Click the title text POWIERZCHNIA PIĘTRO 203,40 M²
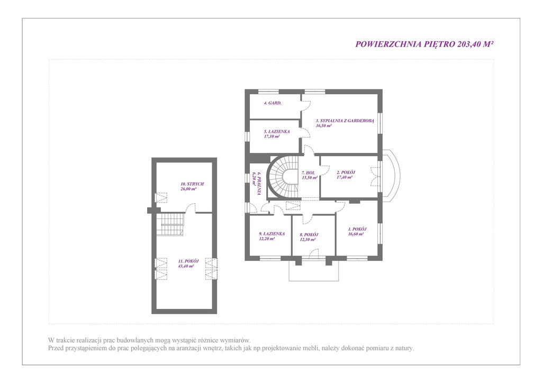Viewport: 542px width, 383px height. [x=424, y=44]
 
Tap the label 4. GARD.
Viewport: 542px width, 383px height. [x=273, y=103]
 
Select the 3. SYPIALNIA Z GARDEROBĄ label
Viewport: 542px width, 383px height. [x=345, y=121]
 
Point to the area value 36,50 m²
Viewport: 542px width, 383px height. [x=323, y=126]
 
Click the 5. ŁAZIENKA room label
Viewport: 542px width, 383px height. [x=277, y=132]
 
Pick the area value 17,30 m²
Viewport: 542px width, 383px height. [x=272, y=136]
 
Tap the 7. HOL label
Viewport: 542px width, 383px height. [x=309, y=173]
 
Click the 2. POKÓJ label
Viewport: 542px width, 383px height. [x=346, y=172]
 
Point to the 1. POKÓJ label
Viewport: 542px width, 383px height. [x=357, y=229]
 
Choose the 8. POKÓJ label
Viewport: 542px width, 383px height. [x=309, y=235]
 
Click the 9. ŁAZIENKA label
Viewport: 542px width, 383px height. [x=272, y=234]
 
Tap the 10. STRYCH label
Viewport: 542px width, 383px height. [x=192, y=184]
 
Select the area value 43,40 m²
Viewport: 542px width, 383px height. [x=186, y=266]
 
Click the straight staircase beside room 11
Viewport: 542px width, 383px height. [x=170, y=224]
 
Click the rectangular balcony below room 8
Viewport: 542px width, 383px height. [x=313, y=271]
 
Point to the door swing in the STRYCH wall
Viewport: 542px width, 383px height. [x=190, y=208]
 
